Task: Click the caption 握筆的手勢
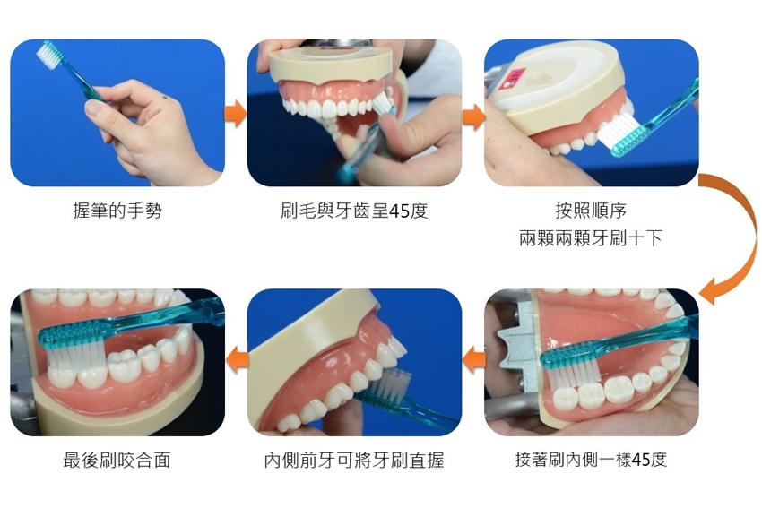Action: point(117,211)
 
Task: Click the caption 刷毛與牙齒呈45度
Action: point(354,211)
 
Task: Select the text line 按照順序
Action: point(591,211)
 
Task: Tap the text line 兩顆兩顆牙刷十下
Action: point(591,238)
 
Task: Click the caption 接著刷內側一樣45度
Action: point(591,460)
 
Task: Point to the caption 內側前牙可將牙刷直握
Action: point(354,460)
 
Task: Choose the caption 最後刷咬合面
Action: point(117,460)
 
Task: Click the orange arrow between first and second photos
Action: point(235,113)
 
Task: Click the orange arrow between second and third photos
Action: point(473,117)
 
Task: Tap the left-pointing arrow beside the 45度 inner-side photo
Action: point(474,360)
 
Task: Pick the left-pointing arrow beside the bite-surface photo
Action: point(237,360)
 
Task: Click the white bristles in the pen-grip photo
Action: point(48,55)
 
